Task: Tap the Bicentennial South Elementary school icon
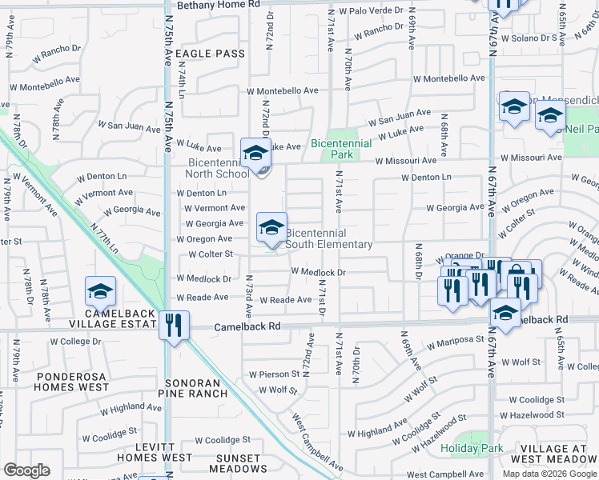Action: [x=271, y=227]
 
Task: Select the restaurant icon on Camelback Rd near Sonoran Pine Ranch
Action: [x=174, y=325]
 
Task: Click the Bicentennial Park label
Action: [x=342, y=148]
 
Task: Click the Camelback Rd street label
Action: [x=247, y=326]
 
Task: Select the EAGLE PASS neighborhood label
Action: [x=209, y=54]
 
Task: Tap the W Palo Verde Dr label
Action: [x=371, y=11]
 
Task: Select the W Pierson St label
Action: [x=274, y=374]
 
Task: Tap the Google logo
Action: [x=26, y=470]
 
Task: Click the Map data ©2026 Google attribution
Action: [x=548, y=474]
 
